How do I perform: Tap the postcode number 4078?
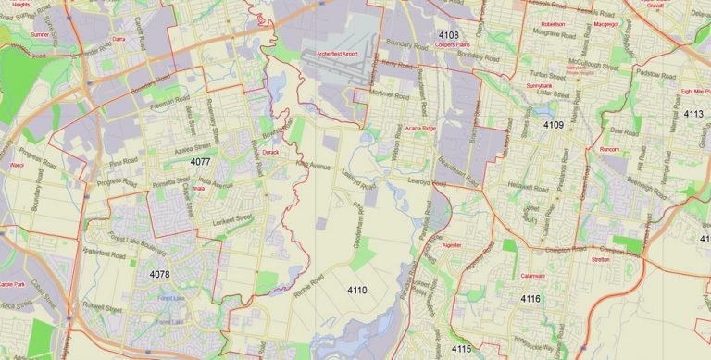[x=160, y=275]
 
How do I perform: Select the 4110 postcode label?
[x=357, y=291]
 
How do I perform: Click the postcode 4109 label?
[x=553, y=124]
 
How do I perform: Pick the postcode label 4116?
[x=530, y=299]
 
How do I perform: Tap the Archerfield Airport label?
[x=336, y=55]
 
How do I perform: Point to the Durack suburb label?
[x=270, y=151]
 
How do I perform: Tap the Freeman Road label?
[x=170, y=96]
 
